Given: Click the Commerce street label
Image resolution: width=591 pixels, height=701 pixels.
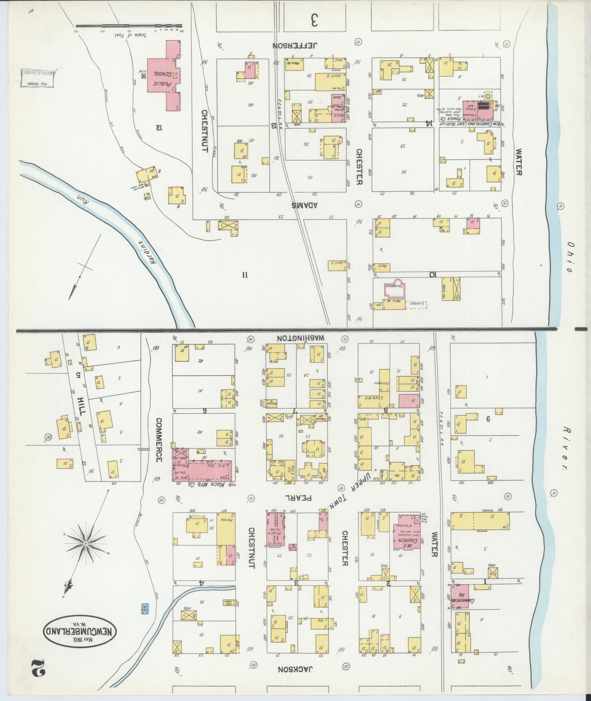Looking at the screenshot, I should click(158, 440).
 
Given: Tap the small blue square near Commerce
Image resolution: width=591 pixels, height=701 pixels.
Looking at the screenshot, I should click(145, 609).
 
